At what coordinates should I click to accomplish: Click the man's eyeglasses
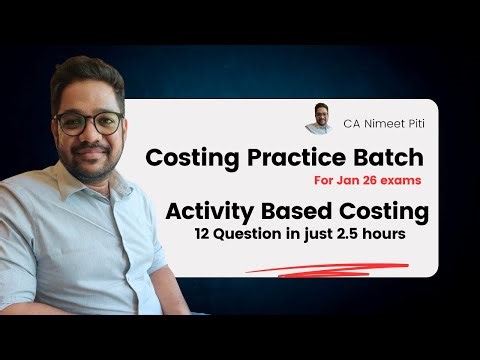pyautogui.click(x=88, y=124)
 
